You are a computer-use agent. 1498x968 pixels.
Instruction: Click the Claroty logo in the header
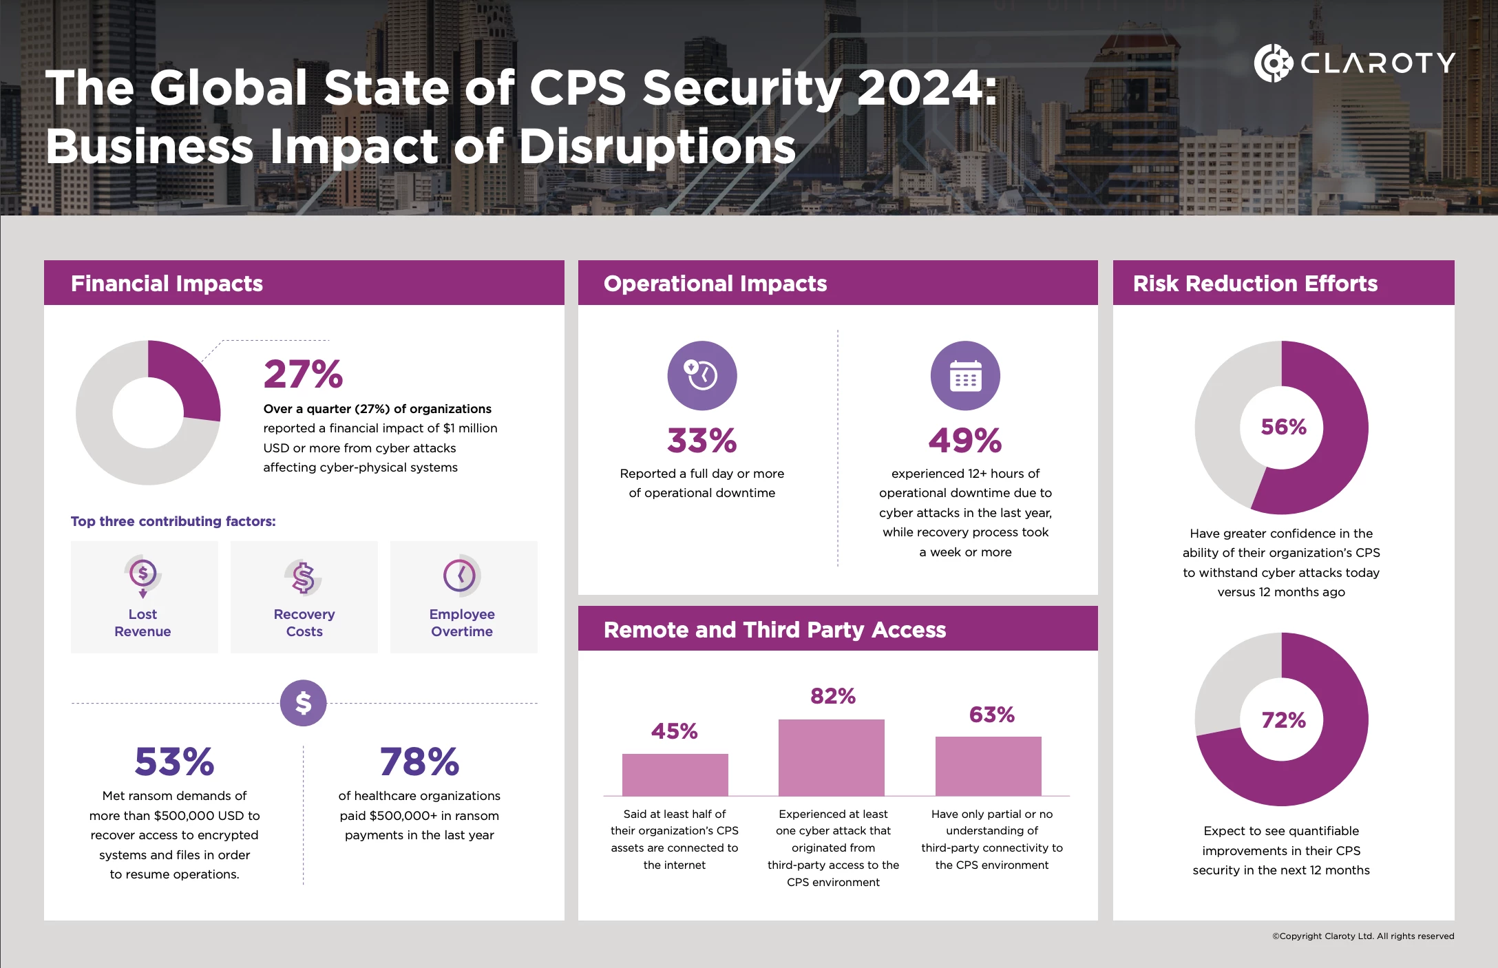tap(1353, 63)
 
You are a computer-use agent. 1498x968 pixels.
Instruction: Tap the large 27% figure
tap(303, 375)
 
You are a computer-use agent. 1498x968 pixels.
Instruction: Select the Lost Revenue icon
tap(143, 575)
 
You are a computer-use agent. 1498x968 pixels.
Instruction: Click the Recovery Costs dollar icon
tap(304, 577)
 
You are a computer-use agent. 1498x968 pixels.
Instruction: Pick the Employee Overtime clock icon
tap(461, 575)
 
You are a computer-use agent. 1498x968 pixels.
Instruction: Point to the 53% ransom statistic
tap(174, 761)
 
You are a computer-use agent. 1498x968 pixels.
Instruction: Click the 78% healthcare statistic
tap(419, 761)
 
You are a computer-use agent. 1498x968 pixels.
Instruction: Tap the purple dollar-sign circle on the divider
tap(303, 703)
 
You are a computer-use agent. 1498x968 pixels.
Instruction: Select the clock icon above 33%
tap(701, 375)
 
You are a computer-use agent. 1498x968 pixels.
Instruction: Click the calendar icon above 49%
tap(965, 375)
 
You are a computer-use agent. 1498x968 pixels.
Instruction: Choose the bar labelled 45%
tap(675, 775)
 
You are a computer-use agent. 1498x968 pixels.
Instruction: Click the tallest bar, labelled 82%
tap(831, 757)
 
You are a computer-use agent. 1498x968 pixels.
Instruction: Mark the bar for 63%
tap(988, 766)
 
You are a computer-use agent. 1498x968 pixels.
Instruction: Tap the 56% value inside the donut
tap(1283, 427)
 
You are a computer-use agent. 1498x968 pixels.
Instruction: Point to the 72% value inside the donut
tap(1283, 720)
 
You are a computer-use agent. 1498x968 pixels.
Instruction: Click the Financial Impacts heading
tap(167, 284)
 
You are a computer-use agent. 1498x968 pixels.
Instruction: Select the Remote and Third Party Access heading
tap(774, 630)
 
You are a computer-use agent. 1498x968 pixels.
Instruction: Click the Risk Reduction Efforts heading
tap(1255, 284)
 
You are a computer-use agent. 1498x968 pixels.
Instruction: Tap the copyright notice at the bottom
tap(1362, 936)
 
